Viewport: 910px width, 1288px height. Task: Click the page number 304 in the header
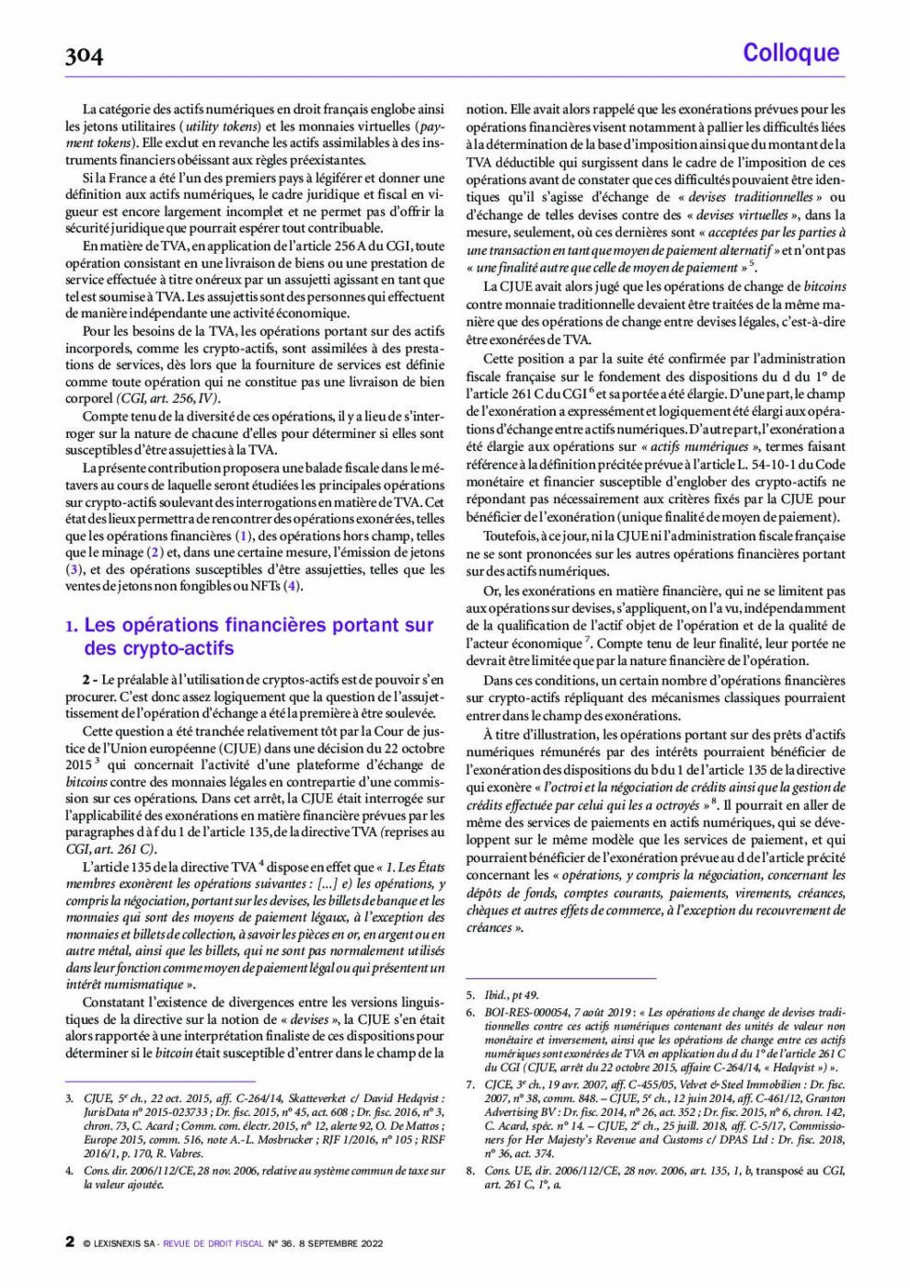click(84, 56)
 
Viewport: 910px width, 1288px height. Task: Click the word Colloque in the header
click(790, 52)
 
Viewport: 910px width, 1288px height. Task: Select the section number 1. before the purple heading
click(72, 627)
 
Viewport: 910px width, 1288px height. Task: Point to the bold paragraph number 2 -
click(90, 680)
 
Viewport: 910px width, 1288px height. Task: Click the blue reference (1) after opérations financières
click(243, 535)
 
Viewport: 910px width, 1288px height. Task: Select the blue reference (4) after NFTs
click(293, 586)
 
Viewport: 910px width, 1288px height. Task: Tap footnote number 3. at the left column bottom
click(70, 1098)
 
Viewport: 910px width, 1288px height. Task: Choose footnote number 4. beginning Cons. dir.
click(70, 1171)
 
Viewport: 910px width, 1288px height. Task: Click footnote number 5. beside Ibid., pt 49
click(470, 995)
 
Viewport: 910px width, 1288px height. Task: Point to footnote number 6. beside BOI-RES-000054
click(470, 1012)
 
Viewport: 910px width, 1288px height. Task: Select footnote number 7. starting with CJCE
click(470, 1085)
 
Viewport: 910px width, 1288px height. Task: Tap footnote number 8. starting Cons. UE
click(470, 1170)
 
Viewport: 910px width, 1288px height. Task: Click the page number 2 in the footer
click(70, 1241)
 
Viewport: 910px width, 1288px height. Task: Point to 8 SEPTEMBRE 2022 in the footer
click(340, 1244)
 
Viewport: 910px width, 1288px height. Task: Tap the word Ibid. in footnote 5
click(496, 995)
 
